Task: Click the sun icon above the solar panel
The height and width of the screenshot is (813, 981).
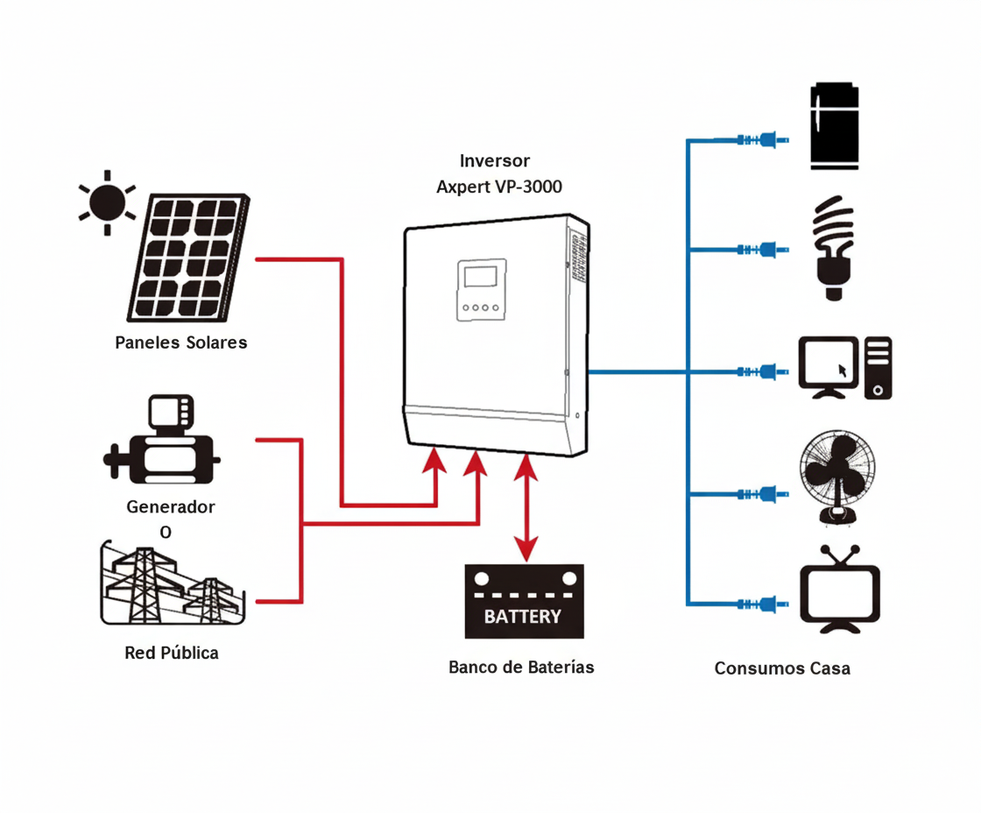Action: click(x=107, y=202)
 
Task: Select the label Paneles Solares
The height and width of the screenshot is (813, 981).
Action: click(x=181, y=343)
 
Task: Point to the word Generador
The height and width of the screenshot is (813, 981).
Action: click(x=171, y=507)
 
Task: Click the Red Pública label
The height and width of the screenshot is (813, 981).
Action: click(x=172, y=653)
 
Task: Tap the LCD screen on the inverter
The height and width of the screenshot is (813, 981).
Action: click(x=481, y=277)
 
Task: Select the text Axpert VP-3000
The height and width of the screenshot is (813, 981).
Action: click(x=499, y=187)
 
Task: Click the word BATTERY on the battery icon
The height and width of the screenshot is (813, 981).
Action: click(x=523, y=616)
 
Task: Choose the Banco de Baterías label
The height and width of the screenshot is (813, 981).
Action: click(x=521, y=668)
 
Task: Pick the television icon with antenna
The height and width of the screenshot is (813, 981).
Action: click(x=840, y=589)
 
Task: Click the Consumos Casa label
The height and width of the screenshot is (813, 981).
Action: click(x=782, y=668)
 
